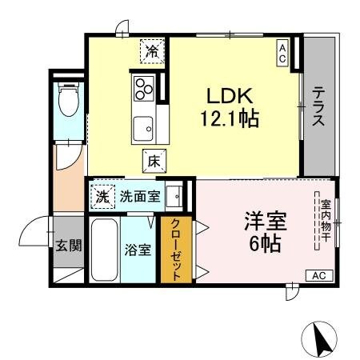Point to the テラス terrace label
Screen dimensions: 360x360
pyautogui.click(x=318, y=107)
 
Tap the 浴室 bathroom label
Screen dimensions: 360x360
pyautogui.click(x=138, y=249)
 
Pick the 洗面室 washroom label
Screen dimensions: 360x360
pyautogui.click(x=139, y=196)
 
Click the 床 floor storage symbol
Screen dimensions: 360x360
pyautogui.click(x=154, y=160)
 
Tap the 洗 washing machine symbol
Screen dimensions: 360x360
pyautogui.click(x=102, y=194)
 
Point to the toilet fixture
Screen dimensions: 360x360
pyautogui.click(x=69, y=100)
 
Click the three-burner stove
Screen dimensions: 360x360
pyautogui.click(x=145, y=86)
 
